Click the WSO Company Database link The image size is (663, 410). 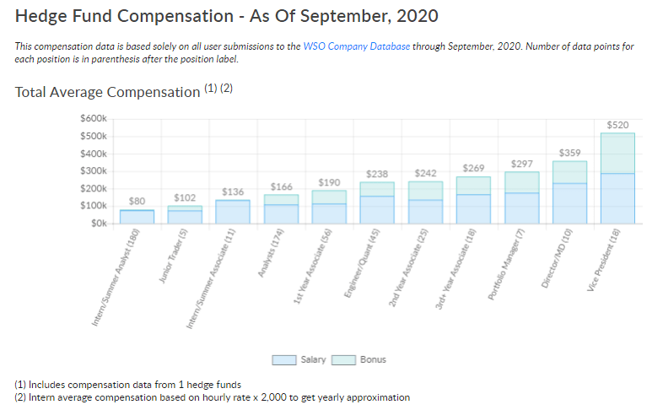coord(356,46)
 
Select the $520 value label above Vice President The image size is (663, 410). coord(617,125)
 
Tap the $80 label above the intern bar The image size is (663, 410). coord(137,201)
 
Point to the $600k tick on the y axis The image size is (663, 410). coord(94,119)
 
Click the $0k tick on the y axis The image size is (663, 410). coord(100,224)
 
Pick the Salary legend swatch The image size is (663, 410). coord(283,359)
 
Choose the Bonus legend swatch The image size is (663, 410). coord(343,359)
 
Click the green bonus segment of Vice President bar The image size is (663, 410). coord(617,153)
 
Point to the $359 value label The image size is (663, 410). coord(569,153)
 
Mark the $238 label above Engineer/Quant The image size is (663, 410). coord(377,174)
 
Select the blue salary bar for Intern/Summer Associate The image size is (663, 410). coord(233,212)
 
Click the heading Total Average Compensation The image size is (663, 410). coord(107,92)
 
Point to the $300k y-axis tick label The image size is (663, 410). coord(94,171)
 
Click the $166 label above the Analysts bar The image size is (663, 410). coord(281,186)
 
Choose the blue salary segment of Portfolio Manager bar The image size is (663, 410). coord(521,208)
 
